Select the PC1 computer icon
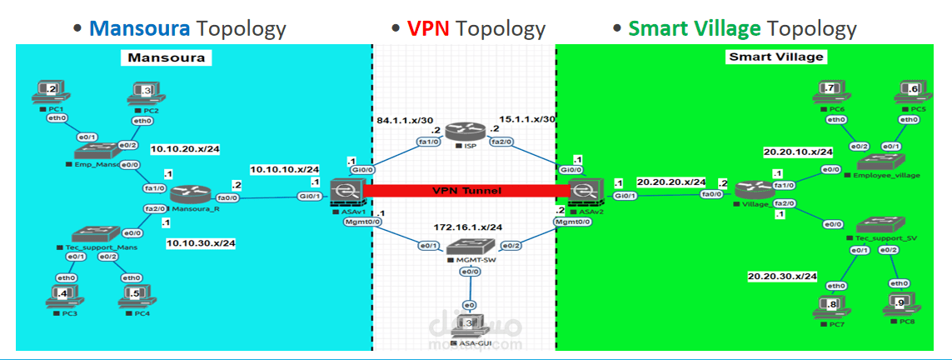pos(47,91)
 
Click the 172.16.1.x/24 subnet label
pos(467,227)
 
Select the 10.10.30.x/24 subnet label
pos(201,243)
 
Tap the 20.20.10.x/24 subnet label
pos(798,152)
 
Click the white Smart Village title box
pos(775,57)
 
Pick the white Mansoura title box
pos(166,57)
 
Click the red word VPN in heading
pos(430,28)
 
